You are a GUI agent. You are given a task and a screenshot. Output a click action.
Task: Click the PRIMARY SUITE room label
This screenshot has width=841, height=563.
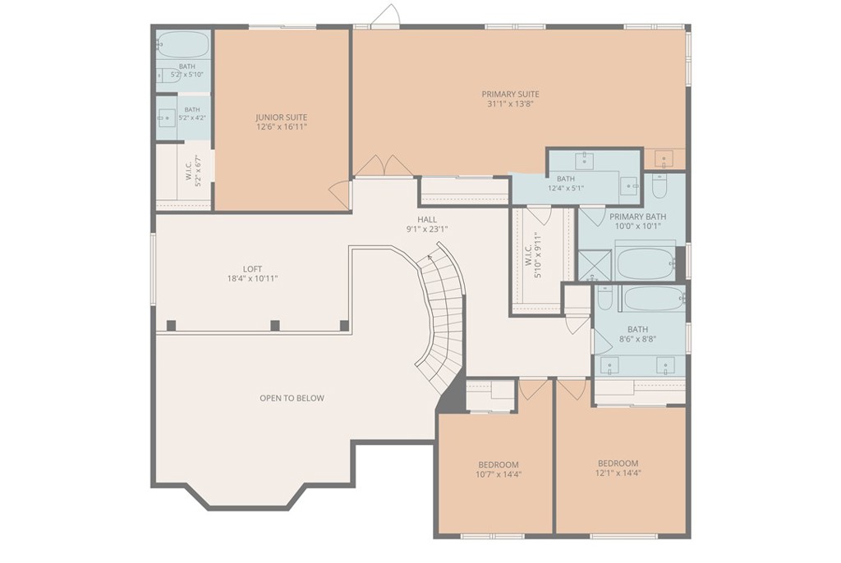510,94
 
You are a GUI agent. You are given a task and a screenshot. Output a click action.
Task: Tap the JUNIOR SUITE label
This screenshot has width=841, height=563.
282,117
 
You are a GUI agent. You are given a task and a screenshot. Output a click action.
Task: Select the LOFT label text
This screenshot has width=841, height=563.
253,269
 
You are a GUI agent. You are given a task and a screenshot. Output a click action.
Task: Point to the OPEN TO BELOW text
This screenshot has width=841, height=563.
292,398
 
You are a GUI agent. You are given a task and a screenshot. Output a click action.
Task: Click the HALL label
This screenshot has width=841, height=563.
427,219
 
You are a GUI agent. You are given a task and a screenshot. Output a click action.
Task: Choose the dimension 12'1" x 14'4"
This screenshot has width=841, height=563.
618,473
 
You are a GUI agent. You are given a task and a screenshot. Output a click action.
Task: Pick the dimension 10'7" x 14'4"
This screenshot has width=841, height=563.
499,474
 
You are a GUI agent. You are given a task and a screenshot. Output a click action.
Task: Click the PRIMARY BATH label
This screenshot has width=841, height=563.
637,217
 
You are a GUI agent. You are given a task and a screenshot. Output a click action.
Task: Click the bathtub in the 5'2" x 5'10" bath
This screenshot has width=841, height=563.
183,44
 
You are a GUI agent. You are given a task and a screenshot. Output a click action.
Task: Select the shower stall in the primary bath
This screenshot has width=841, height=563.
595,265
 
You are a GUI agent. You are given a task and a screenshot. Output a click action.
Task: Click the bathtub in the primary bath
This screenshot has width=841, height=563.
646,263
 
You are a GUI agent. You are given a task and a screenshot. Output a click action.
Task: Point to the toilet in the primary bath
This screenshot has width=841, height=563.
659,185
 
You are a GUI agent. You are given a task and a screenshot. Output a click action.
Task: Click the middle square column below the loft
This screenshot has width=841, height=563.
275,326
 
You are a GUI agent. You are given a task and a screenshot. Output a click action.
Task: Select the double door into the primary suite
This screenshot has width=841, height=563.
384,166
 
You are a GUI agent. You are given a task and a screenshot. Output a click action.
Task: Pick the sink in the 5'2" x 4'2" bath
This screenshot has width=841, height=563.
166,118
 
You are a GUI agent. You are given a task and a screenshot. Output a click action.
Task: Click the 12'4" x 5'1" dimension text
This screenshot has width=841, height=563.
566,188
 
